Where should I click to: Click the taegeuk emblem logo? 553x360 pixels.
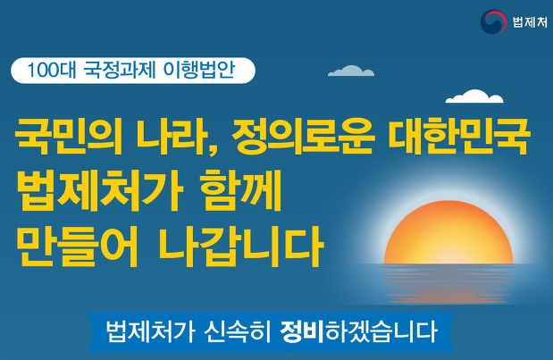493,21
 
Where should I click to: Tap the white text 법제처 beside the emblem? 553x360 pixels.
530,22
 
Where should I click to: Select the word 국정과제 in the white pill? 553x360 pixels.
120,70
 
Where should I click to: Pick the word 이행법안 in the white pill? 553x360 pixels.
199,70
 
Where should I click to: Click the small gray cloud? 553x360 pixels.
351,71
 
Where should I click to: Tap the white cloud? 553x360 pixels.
474,96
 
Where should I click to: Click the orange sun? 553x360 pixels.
448,232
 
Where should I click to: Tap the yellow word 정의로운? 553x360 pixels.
303,137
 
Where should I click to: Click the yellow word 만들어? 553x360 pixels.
77,247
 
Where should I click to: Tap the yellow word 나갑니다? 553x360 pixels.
239,247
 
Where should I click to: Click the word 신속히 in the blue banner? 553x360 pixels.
238,331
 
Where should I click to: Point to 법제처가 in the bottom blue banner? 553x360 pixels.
150,331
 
